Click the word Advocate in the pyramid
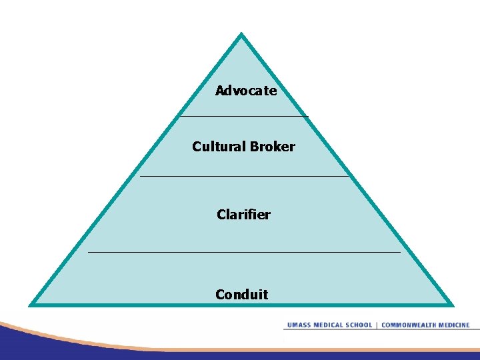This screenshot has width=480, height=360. point(246,91)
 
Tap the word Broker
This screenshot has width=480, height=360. point(273,147)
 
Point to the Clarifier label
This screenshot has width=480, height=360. point(243,215)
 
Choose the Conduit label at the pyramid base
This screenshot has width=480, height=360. point(241,294)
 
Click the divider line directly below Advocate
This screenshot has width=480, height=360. point(244,117)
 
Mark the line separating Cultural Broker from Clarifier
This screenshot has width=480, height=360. point(244,176)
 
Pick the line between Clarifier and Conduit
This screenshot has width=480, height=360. point(244,253)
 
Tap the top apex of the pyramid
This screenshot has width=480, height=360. point(241,35)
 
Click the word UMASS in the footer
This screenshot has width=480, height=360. point(299,325)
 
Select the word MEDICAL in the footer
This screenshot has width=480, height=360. point(328,325)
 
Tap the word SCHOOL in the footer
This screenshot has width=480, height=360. point(359,325)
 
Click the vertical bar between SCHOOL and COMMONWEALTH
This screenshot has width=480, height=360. point(377,325)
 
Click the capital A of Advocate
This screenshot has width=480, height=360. point(220,91)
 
